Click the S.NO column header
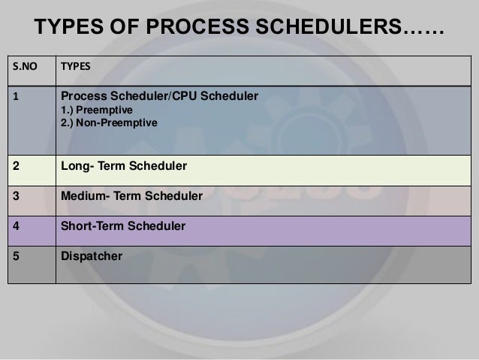pos(23,65)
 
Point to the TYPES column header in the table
pos(75,65)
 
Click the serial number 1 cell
pos(14,96)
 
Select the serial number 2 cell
pos(14,165)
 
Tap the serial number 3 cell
pos(14,196)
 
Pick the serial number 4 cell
pos(14,225)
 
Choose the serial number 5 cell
pos(14,256)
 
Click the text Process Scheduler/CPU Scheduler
pos(159,96)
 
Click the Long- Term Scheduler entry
pos(124,165)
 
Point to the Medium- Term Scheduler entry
pos(131,196)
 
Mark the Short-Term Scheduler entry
pos(122,225)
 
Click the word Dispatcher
pos(91,256)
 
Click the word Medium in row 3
pos(82,196)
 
